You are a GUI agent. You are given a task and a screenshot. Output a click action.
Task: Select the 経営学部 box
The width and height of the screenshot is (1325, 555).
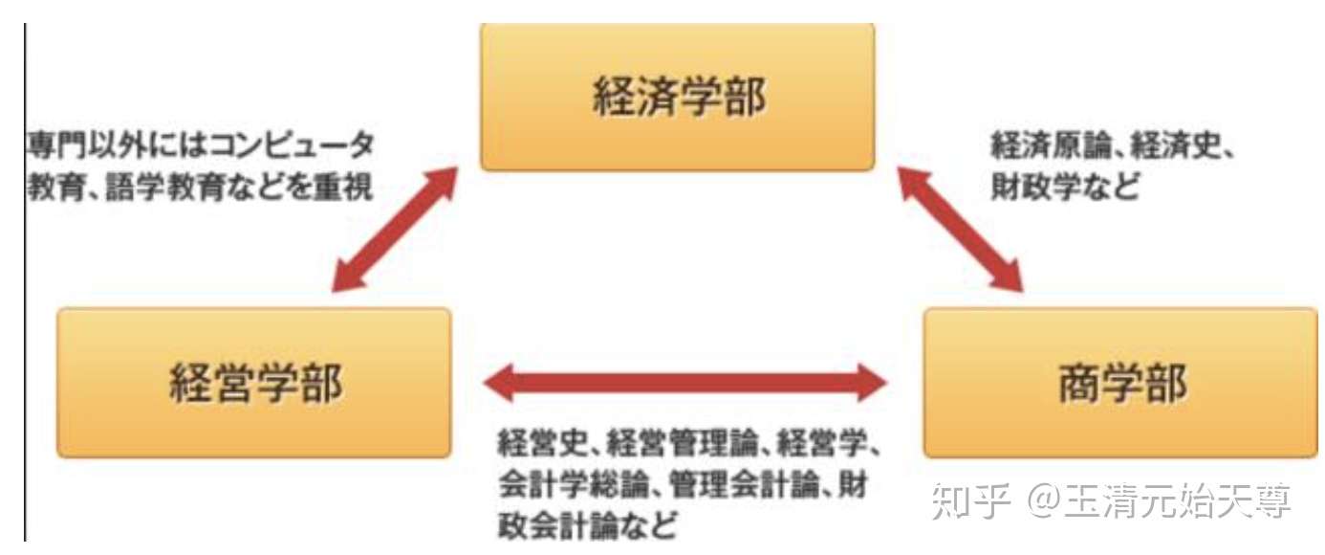click(253, 383)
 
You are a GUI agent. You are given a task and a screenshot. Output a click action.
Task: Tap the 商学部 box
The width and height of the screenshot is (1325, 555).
click(1119, 383)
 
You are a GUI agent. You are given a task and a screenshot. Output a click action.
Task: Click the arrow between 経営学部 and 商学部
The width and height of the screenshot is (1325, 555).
click(685, 383)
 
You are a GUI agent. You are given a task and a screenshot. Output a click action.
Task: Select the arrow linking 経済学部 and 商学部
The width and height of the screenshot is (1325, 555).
click(959, 227)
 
